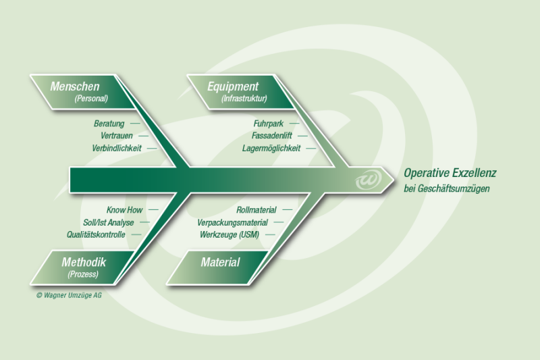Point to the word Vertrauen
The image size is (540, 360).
[116, 136]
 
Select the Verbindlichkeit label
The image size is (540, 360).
[117, 148]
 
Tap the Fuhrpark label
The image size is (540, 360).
[268, 124]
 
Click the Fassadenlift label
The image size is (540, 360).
[273, 136]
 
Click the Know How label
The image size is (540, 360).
[124, 210]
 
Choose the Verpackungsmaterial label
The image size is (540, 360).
[232, 222]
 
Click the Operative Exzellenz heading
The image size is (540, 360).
[450, 173]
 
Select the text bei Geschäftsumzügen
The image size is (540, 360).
[446, 188]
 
